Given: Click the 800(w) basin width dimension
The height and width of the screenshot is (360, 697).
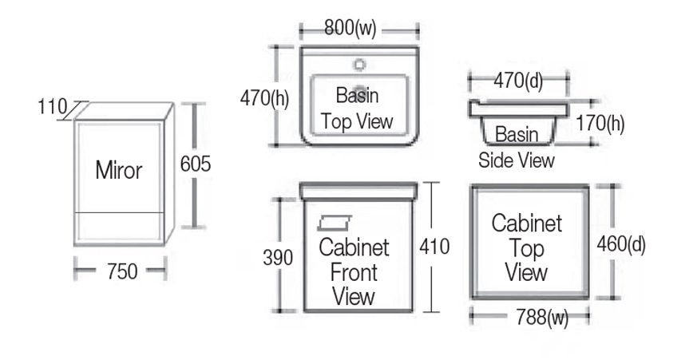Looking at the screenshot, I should click(x=350, y=29).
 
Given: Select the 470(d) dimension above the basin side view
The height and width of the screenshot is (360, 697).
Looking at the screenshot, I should click(x=517, y=80).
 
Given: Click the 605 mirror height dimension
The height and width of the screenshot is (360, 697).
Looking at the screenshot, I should click(x=195, y=164).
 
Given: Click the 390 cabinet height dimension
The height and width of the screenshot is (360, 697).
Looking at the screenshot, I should click(x=278, y=257).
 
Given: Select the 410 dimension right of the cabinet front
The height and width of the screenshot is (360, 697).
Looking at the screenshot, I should click(x=434, y=247).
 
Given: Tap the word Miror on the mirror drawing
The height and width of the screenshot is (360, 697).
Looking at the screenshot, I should click(x=119, y=170).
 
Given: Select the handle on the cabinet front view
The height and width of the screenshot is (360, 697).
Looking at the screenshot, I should click(x=335, y=221).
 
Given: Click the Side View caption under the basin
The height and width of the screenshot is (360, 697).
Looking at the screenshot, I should click(x=517, y=160).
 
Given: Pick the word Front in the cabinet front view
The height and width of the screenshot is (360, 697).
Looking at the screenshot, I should click(x=354, y=272).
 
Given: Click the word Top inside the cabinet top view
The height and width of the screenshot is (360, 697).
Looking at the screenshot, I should click(x=526, y=248).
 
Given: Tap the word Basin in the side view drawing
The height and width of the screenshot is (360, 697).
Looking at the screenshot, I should click(x=517, y=134).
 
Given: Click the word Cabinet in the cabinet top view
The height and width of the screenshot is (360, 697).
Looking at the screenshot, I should click(x=526, y=223).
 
